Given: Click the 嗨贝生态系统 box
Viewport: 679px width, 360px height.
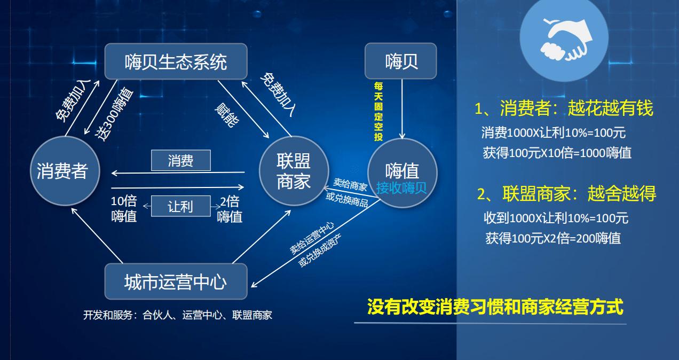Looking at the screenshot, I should pos(176,62).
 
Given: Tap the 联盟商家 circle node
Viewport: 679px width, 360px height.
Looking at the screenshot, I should pos(293,171).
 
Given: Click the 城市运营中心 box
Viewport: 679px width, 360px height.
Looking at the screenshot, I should pos(176,281).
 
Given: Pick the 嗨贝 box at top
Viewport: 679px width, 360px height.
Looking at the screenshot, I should pos(400,61).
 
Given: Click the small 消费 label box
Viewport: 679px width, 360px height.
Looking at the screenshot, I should pos(180,161).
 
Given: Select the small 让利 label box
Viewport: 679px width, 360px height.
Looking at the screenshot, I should pos(180,206).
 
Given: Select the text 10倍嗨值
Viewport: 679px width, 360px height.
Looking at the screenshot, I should pos(124,209).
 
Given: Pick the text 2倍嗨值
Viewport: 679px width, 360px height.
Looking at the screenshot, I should pos(230,209).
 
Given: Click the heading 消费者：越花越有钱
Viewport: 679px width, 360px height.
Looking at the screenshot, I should pos(564,108).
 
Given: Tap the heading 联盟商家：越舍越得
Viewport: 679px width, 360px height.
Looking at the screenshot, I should pos(566,194).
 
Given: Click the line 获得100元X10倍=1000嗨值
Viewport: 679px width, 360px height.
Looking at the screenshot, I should pos(557,153).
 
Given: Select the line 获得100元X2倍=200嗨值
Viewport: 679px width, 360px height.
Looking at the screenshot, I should pos(553,238).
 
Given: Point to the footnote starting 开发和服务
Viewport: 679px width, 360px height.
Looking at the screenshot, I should pos(177,315).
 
